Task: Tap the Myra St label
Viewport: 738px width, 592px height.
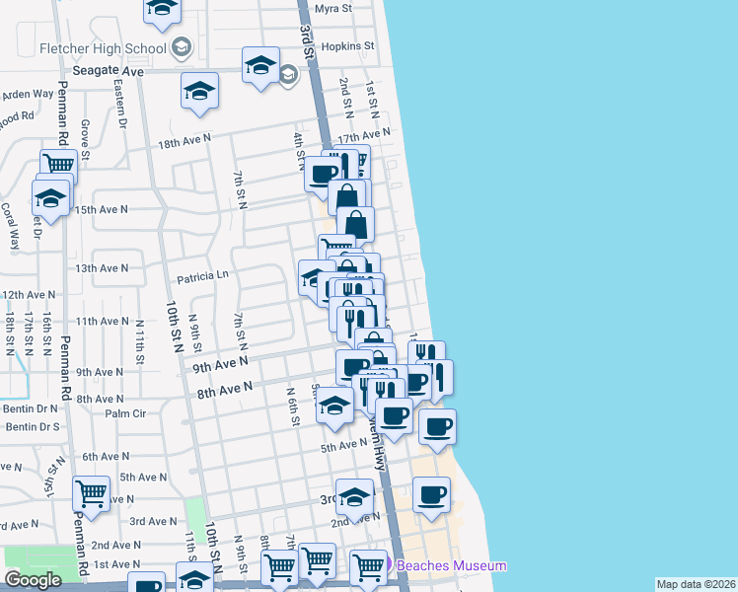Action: tap(333, 8)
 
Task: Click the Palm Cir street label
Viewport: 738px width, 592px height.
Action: tap(125, 413)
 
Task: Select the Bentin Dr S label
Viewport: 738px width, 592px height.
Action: tap(33, 426)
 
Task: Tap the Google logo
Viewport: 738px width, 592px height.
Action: tap(33, 580)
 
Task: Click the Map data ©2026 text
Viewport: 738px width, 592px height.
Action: tap(695, 584)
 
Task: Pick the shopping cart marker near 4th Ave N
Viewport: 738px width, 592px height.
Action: tap(91, 492)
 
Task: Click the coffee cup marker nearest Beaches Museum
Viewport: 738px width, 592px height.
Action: tap(431, 494)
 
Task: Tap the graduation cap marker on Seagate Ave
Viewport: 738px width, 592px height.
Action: tap(260, 67)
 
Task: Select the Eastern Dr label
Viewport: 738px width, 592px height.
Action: tap(120, 105)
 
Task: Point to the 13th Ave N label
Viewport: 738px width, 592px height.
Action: tap(103, 268)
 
